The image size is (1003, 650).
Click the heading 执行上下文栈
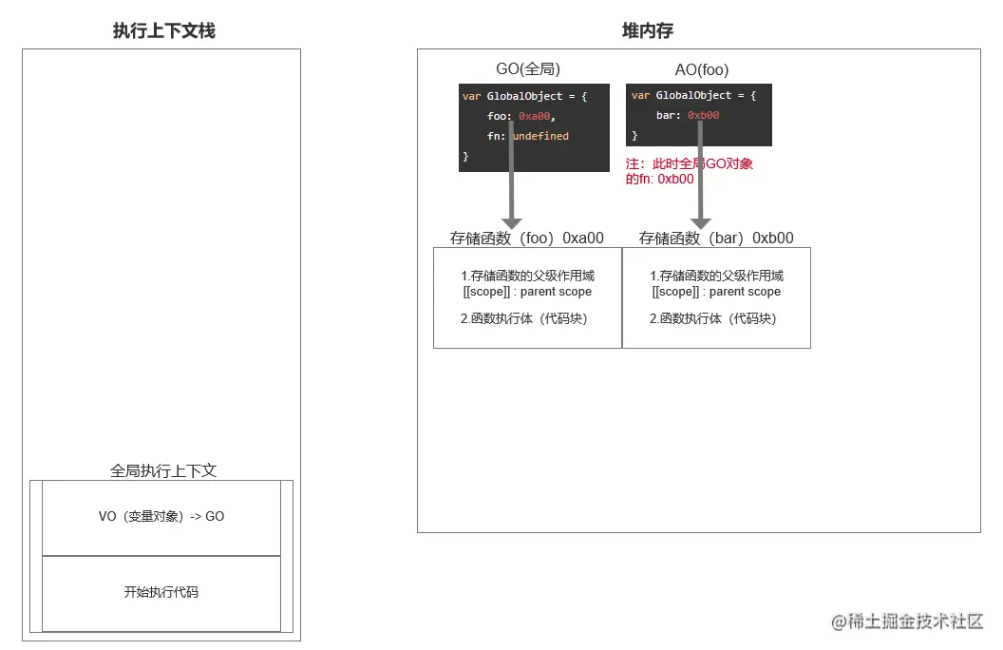tap(163, 31)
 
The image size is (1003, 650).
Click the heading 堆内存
tap(648, 31)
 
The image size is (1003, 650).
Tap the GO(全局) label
tap(527, 69)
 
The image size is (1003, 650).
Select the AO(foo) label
tap(702, 69)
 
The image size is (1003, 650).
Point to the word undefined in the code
tap(541, 136)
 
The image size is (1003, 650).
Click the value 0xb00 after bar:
tap(704, 116)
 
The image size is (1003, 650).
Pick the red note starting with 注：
tap(690, 171)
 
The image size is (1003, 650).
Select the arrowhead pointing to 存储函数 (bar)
tap(701, 221)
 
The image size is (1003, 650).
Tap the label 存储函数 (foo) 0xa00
tap(527, 239)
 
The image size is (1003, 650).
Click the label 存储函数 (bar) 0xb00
tap(716, 239)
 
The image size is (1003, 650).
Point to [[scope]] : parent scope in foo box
tap(527, 292)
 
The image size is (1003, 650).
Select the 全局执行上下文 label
tap(163, 470)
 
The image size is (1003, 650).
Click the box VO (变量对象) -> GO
tap(161, 517)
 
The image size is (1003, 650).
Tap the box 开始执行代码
tap(161, 593)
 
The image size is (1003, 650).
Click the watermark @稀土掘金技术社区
tap(906, 621)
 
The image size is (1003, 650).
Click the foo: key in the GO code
tap(500, 116)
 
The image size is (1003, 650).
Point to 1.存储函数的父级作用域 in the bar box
tap(716, 276)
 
